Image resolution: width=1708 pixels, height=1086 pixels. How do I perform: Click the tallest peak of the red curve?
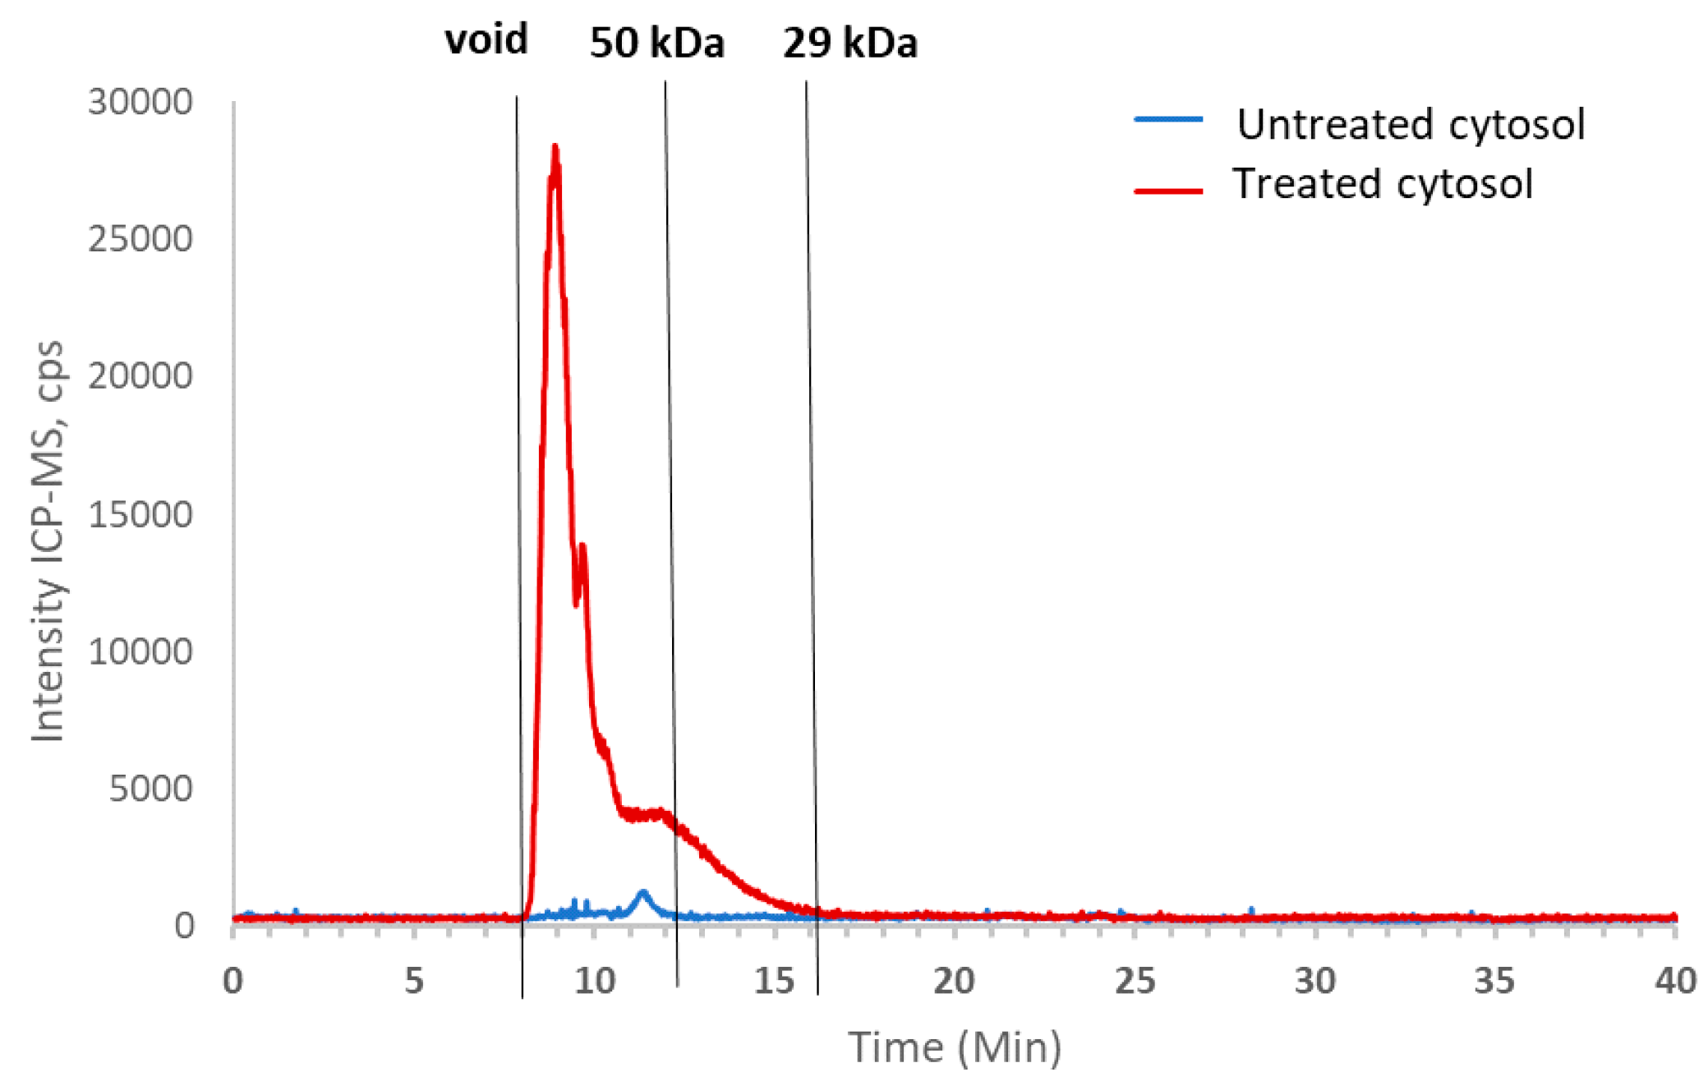pyautogui.click(x=555, y=149)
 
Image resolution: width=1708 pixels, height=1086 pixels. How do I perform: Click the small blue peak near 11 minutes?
pyautogui.click(x=643, y=893)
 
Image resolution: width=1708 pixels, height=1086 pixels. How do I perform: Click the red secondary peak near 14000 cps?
pyautogui.click(x=582, y=546)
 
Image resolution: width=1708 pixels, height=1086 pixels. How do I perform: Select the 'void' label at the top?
pyautogui.click(x=486, y=39)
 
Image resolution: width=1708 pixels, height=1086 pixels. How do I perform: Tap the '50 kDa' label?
pyautogui.click(x=656, y=43)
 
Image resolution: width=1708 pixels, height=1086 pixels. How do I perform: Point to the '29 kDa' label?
pyautogui.click(x=849, y=43)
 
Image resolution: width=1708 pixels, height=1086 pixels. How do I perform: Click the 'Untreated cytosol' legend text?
pyautogui.click(x=1410, y=125)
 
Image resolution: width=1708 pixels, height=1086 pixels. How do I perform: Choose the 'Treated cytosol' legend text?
pyautogui.click(x=1382, y=184)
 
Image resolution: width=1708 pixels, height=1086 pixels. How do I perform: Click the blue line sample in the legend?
pyautogui.click(x=1167, y=120)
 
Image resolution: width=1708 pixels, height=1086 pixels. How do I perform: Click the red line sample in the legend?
pyautogui.click(x=1167, y=191)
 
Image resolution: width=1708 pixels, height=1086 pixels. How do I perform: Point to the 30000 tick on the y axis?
pyautogui.click(x=140, y=103)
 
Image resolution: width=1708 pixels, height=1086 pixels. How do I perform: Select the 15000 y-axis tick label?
pyautogui.click(x=140, y=515)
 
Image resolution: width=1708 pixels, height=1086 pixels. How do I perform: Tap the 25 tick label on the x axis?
pyautogui.click(x=1135, y=981)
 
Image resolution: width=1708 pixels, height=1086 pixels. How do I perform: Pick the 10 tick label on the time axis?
pyautogui.click(x=594, y=981)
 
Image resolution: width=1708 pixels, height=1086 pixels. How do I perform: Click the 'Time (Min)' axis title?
pyautogui.click(x=955, y=1047)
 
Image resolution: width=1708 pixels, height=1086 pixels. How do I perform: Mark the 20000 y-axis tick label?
pyautogui.click(x=140, y=376)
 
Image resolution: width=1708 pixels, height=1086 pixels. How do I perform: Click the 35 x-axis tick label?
pyautogui.click(x=1494, y=981)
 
